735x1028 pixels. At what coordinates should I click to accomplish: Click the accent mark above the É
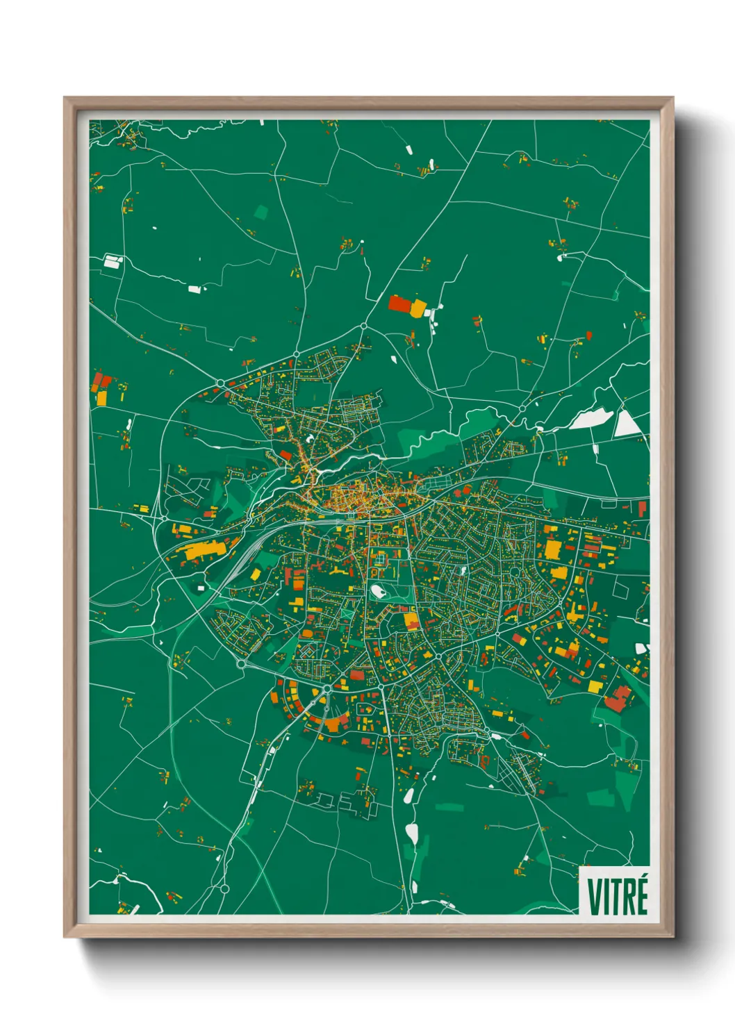coord(644,878)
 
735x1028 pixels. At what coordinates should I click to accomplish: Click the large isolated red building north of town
coord(399,304)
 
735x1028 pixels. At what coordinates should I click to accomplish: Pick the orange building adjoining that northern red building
coord(418,308)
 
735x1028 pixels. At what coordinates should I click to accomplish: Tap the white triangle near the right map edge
coord(627,424)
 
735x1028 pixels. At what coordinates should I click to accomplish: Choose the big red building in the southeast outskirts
coord(617,699)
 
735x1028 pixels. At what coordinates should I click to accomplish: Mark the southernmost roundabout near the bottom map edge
coord(224,888)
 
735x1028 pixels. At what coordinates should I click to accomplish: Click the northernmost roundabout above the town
coord(363,326)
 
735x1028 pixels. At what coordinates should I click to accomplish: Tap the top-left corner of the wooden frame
coord(65,99)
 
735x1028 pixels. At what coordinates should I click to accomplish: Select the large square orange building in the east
coord(552,549)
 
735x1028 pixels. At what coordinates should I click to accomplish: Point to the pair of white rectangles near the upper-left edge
coord(113,262)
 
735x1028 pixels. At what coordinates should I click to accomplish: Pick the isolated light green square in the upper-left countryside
coord(261,212)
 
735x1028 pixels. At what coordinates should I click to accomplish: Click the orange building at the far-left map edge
coord(101,398)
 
